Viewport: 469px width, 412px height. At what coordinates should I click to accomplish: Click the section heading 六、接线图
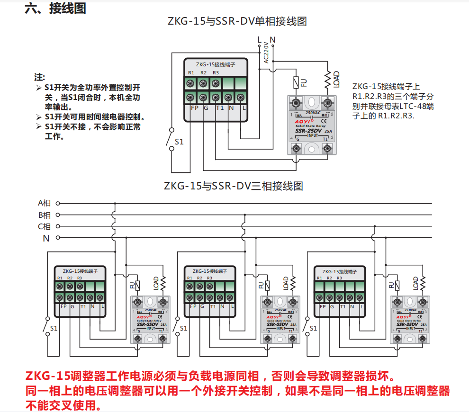pyautogui.click(x=55, y=9)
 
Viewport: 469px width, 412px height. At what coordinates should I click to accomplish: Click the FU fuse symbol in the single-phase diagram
pyautogui.click(x=297, y=82)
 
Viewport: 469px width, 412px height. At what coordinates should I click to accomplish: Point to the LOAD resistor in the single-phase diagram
pyautogui.click(x=327, y=80)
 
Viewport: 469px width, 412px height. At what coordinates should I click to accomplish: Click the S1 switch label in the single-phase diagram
pyautogui.click(x=179, y=141)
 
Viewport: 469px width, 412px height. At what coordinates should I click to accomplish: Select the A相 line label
pyautogui.click(x=44, y=203)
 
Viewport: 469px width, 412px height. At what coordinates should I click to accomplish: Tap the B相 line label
pyautogui.click(x=44, y=215)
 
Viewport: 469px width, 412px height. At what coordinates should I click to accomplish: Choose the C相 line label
pyautogui.click(x=44, y=226)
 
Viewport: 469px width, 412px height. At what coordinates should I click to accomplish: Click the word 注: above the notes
pyautogui.click(x=40, y=77)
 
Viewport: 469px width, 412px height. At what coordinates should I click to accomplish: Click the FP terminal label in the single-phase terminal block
pyautogui.click(x=194, y=108)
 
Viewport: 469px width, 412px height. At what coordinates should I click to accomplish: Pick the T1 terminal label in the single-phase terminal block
pyautogui.click(x=220, y=108)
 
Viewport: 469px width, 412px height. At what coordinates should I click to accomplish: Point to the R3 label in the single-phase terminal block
pyautogui.click(x=216, y=73)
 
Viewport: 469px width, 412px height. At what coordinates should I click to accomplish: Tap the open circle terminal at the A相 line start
pyautogui.click(x=58, y=203)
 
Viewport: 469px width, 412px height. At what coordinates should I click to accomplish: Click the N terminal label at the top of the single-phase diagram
pyautogui.click(x=272, y=40)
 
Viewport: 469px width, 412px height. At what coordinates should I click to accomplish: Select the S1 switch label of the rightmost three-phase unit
pyautogui.click(x=313, y=328)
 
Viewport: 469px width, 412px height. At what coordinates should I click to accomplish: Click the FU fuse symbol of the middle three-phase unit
pyautogui.click(x=267, y=285)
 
